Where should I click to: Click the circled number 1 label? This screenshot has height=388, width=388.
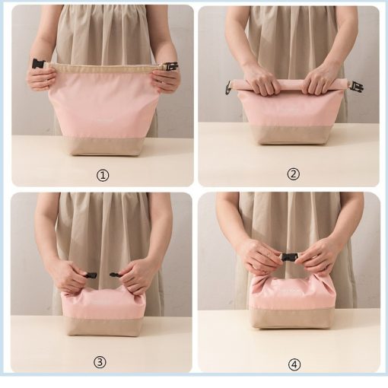point(103,175)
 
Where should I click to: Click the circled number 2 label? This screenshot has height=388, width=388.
point(293,174)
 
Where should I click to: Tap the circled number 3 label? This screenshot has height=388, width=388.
point(100,362)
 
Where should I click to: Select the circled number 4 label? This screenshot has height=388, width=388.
point(294,364)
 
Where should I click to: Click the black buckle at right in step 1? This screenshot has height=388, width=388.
point(170,66)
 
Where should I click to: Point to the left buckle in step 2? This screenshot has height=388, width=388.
point(228,87)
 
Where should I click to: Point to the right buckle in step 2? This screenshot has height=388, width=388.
point(357,87)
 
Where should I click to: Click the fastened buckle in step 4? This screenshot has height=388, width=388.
point(289,256)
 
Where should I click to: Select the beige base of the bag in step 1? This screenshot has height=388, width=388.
point(104,146)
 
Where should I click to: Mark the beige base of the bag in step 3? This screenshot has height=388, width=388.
point(104,326)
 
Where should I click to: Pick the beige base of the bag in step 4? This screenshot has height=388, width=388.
point(292,318)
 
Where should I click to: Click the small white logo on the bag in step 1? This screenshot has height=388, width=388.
point(105,119)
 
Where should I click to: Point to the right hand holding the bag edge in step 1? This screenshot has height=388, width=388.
point(166,80)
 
